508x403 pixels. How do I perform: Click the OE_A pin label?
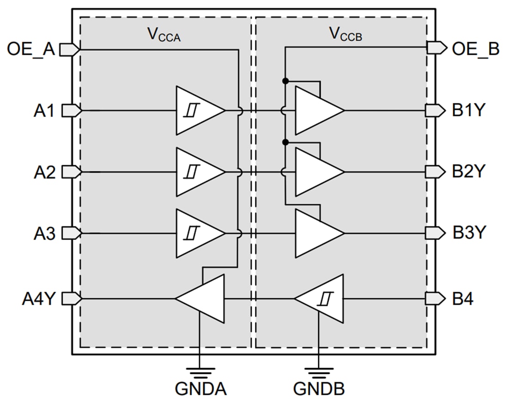(x=31, y=49)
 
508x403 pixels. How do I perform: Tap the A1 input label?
(x=44, y=111)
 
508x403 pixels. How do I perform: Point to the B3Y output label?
(x=469, y=233)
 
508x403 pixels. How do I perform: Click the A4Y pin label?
(x=39, y=299)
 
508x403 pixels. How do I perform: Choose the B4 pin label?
(x=463, y=299)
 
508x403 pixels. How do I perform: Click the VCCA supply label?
(x=163, y=34)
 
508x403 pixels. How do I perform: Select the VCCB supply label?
(x=345, y=34)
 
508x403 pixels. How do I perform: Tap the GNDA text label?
(x=200, y=389)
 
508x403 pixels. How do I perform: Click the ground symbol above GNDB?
(x=319, y=371)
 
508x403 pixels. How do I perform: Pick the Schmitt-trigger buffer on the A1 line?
(x=198, y=111)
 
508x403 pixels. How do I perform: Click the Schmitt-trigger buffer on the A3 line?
(x=198, y=233)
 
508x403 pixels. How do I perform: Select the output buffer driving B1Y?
(x=318, y=111)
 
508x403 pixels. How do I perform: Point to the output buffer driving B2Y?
(x=318, y=172)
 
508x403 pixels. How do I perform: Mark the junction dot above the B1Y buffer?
(x=285, y=81)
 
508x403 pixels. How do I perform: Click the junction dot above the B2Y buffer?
(x=285, y=142)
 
